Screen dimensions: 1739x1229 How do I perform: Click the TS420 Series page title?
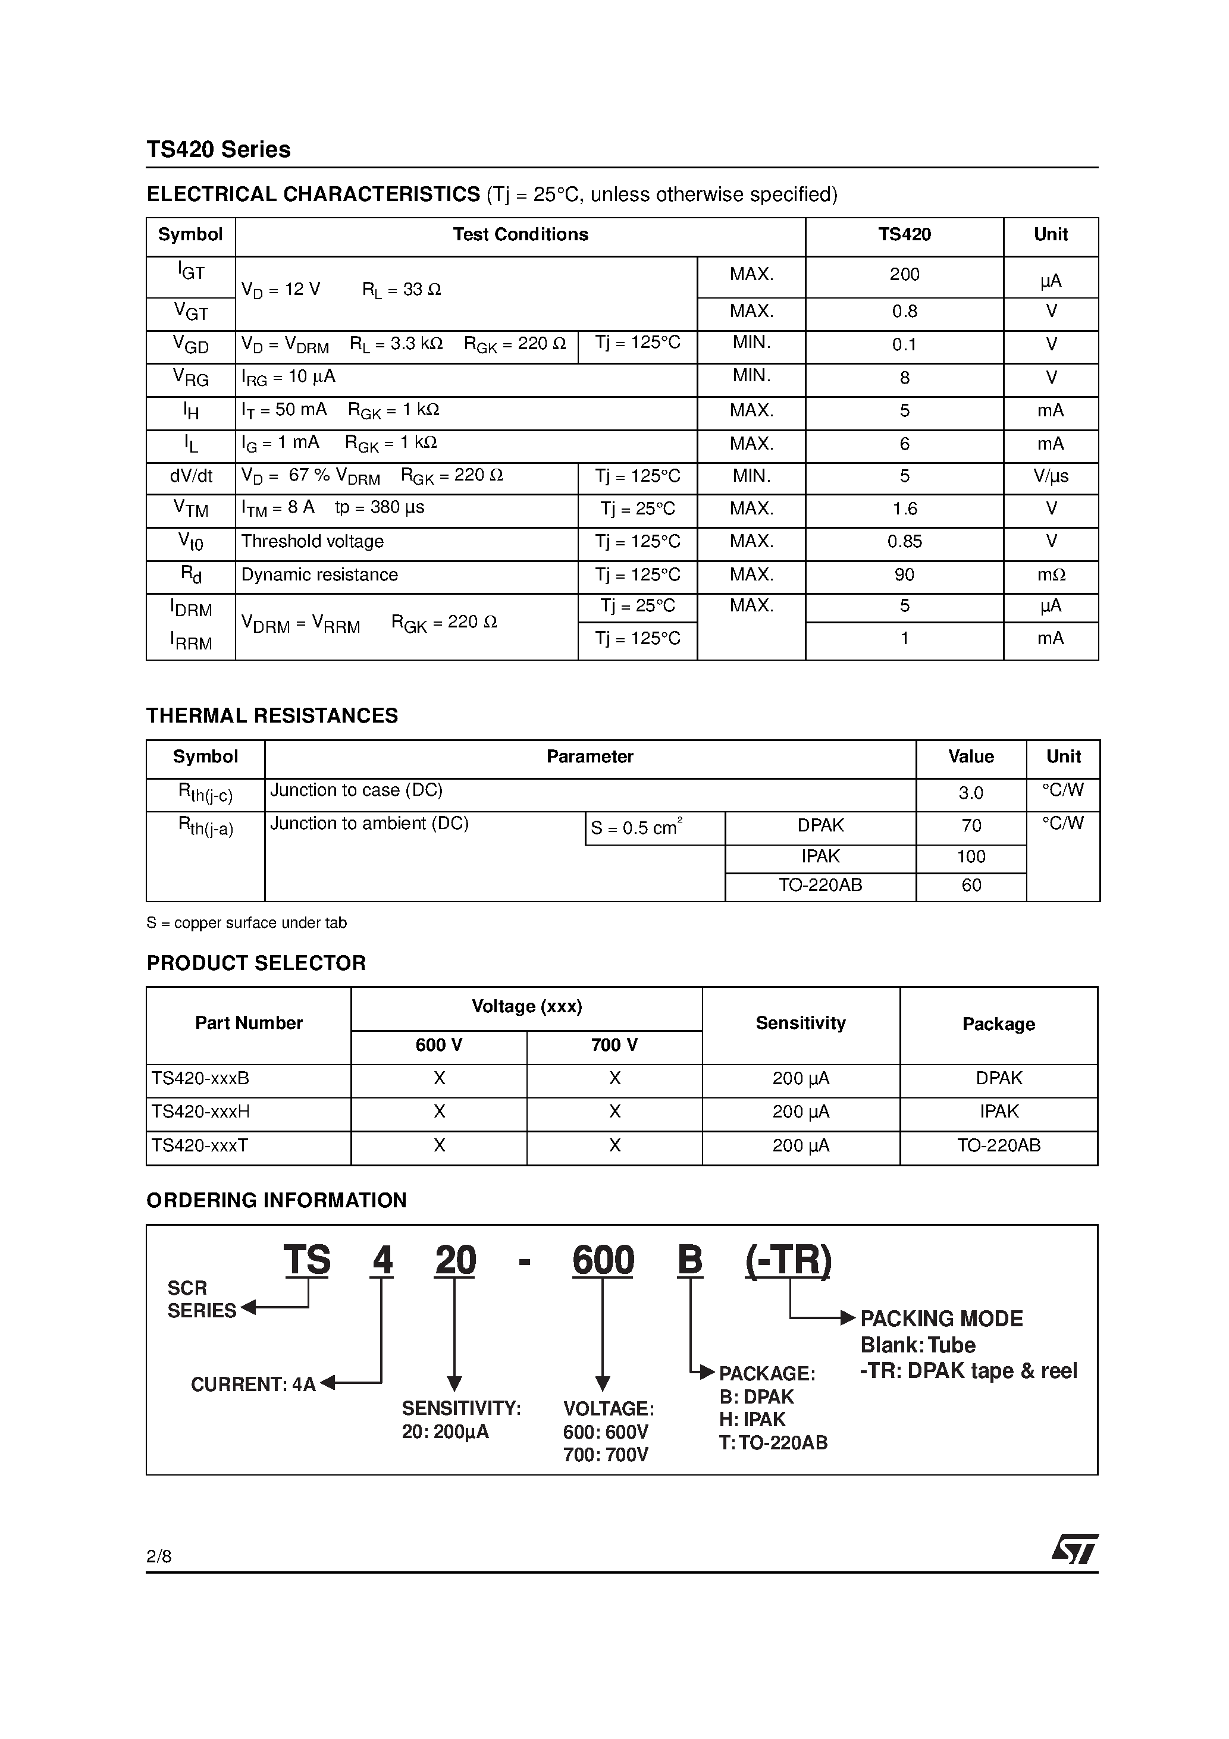(x=218, y=149)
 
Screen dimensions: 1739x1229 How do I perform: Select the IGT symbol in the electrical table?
(x=191, y=271)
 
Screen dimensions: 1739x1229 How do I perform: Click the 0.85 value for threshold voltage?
(x=904, y=542)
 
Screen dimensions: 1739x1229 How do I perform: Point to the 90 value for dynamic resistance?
(x=904, y=575)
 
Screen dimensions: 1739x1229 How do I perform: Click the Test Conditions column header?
(x=520, y=235)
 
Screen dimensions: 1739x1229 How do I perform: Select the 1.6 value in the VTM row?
(x=904, y=509)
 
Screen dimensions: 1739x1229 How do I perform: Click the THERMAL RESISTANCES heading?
(x=271, y=715)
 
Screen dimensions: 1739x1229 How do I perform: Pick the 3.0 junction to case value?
(x=971, y=793)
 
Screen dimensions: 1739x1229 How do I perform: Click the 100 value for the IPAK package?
(x=971, y=856)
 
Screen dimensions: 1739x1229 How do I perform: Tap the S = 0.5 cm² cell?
(x=637, y=828)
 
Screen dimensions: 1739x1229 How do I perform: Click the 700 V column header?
(x=614, y=1045)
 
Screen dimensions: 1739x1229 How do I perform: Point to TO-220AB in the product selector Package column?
(x=998, y=1145)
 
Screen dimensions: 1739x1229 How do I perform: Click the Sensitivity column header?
(x=800, y=1024)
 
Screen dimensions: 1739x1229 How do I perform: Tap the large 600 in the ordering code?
(x=603, y=1261)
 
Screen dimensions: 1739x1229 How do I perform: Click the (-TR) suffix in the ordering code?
(x=788, y=1261)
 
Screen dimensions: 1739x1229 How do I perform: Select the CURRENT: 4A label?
(x=253, y=1385)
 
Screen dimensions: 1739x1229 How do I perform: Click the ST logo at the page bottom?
(x=1074, y=1550)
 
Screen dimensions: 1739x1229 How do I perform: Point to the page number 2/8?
(x=159, y=1556)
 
